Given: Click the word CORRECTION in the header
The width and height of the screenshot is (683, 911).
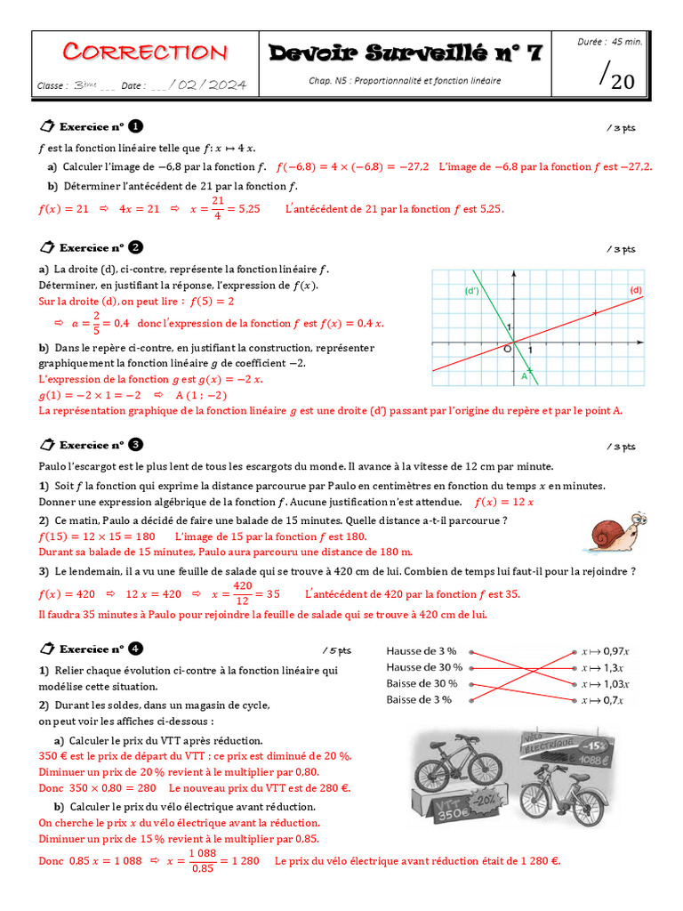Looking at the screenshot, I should coord(145,52).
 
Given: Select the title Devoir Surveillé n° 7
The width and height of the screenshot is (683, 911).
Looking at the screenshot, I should coord(406,53).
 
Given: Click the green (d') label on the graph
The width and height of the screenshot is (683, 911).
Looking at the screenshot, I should coord(471,291).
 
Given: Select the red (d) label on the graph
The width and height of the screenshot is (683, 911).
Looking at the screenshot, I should coord(635,290).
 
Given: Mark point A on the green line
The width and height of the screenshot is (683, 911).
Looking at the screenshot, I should coord(525,376).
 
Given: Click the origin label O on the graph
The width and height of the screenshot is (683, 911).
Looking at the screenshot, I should coord(507,350).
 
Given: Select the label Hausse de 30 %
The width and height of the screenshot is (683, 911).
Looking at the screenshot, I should coord(424,667).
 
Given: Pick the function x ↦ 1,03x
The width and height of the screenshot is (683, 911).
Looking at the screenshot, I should coord(606,684).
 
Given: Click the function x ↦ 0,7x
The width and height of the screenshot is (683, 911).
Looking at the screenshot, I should coord(603,700).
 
